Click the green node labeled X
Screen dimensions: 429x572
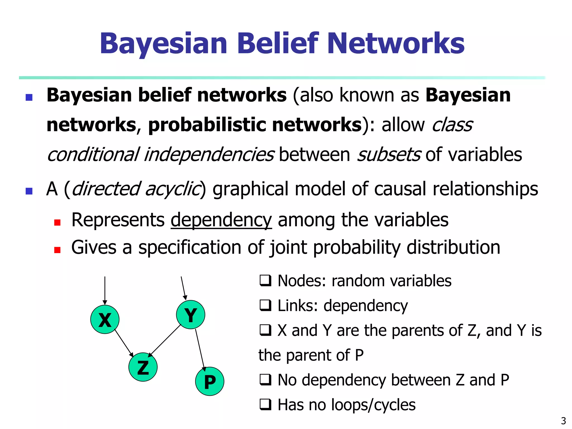[105, 320]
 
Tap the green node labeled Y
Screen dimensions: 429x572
[190, 315]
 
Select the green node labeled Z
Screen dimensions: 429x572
[143, 367]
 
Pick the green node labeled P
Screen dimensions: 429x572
[209, 381]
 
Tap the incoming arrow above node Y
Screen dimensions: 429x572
[183, 288]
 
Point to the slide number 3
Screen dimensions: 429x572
[563, 421]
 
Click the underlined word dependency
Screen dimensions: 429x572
[221, 220]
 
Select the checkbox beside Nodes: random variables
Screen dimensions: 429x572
[265, 281]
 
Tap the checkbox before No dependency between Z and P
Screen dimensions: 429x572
[265, 380]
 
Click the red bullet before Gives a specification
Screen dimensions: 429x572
[57, 250]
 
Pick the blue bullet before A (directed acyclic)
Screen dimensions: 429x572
[29, 191]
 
